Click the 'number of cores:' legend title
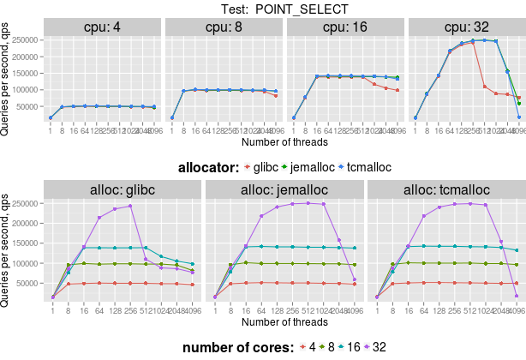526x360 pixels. (236, 347)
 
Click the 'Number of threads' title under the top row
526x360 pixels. (280, 141)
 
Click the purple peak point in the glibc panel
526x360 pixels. (130, 206)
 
